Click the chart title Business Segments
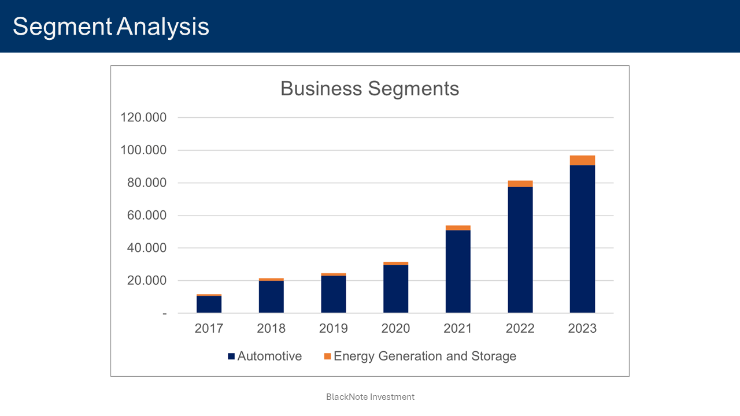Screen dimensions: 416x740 (369, 88)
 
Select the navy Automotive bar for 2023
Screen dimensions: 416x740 (582, 239)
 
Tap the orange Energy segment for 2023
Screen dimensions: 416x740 (582, 161)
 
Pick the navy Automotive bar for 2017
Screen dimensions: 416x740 (209, 304)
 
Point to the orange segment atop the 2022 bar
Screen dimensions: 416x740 (520, 184)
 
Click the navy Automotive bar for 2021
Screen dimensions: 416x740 (458, 272)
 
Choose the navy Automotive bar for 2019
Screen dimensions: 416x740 (334, 295)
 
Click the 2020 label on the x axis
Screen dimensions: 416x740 (395, 329)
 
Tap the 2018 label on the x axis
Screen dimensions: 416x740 (271, 329)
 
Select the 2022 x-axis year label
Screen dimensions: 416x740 (520, 329)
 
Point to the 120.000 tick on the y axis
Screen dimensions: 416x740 (143, 118)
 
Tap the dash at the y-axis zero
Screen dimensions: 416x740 (164, 314)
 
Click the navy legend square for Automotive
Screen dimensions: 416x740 (231, 356)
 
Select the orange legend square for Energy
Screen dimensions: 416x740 (327, 356)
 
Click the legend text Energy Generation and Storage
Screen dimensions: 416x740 (425, 356)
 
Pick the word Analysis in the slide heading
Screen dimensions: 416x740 (163, 27)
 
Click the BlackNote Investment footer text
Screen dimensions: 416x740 (370, 397)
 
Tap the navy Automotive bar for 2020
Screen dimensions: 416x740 (395, 289)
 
